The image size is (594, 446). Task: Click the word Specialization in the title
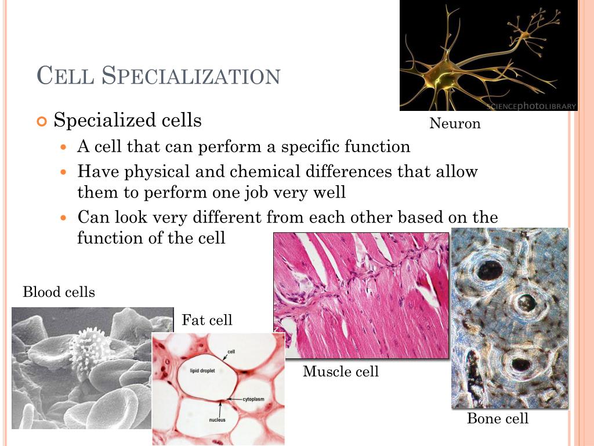click(191, 76)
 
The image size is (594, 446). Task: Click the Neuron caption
click(455, 124)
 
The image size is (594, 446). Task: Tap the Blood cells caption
click(59, 292)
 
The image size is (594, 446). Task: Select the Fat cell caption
click(207, 320)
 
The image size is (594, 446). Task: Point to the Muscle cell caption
click(341, 372)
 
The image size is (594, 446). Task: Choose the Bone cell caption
click(498, 419)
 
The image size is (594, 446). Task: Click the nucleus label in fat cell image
click(218, 419)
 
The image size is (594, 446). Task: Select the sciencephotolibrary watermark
click(531, 106)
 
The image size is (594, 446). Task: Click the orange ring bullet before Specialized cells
click(41, 121)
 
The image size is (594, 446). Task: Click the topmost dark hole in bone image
click(490, 269)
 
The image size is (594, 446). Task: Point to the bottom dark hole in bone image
click(520, 364)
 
